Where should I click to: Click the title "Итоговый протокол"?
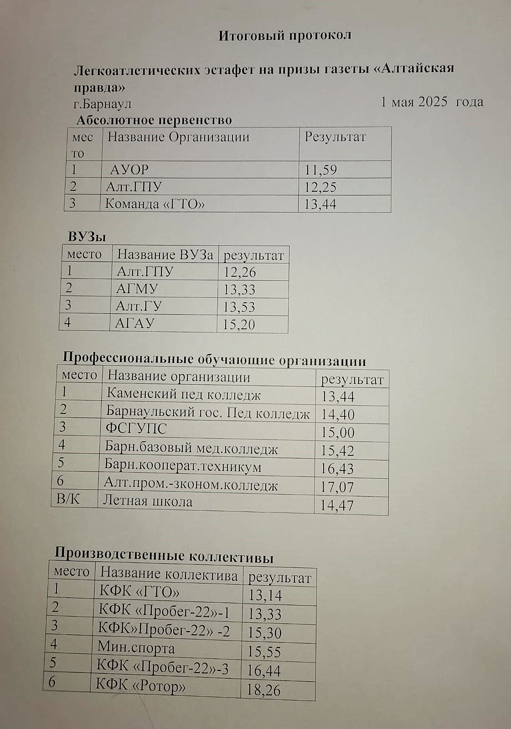pyautogui.click(x=284, y=36)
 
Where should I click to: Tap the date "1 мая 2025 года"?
pyautogui.click(x=432, y=101)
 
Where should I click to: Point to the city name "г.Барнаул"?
pyautogui.click(x=103, y=104)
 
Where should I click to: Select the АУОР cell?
pyautogui.click(x=129, y=170)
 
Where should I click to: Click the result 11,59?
pyautogui.click(x=320, y=170)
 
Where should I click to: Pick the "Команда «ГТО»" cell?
pyautogui.click(x=155, y=203)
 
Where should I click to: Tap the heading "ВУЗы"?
pyautogui.click(x=87, y=237)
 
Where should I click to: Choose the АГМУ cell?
pyautogui.click(x=137, y=289)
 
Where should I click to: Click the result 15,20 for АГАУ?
pyautogui.click(x=238, y=324)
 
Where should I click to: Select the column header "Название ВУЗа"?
pyautogui.click(x=165, y=254)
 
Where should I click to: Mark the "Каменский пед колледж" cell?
pyautogui.click(x=183, y=394)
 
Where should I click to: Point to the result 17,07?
pyautogui.click(x=337, y=487)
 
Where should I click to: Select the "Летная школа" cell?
pyautogui.click(x=148, y=501)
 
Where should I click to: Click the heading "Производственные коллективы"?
pyautogui.click(x=164, y=555)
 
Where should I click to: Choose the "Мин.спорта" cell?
pyautogui.click(x=136, y=647)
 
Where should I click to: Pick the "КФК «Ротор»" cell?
pyautogui.click(x=141, y=685)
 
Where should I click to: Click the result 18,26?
pyautogui.click(x=263, y=689)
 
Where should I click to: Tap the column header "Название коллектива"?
pyautogui.click(x=169, y=574)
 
